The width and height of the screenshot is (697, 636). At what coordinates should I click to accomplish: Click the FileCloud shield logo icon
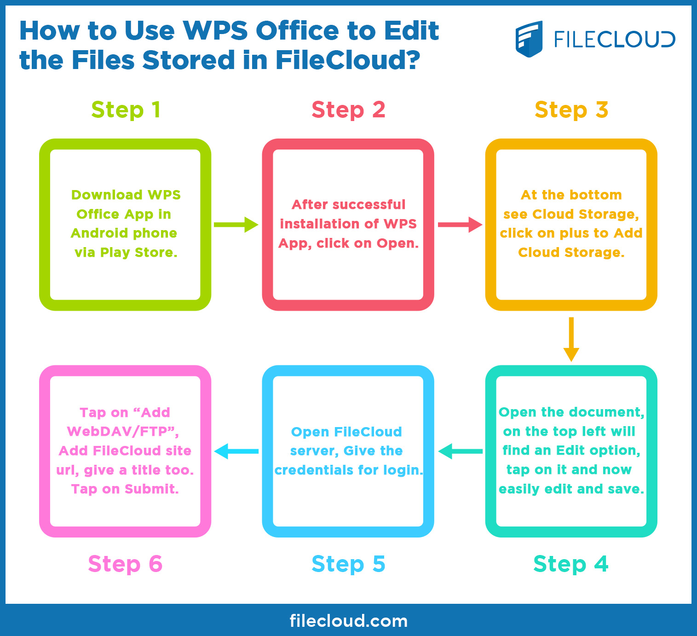(529, 39)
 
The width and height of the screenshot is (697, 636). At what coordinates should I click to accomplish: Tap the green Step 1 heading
(126, 110)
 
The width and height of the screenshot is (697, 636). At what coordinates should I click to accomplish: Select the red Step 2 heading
(348, 110)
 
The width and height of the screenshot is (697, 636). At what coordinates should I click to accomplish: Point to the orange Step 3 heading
(571, 110)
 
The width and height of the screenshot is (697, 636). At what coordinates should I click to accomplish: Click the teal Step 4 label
(570, 564)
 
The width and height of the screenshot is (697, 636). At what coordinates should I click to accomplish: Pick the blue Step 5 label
(348, 564)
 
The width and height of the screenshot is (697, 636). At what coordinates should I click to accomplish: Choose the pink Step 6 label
(125, 564)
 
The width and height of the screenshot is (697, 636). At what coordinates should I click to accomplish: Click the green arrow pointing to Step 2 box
(236, 225)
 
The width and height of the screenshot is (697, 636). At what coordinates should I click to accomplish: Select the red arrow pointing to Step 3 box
(460, 225)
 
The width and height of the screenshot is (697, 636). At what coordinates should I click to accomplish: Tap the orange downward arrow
(571, 339)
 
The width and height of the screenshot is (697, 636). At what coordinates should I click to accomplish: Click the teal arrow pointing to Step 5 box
(460, 451)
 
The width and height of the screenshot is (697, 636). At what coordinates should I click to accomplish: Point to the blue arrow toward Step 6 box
(236, 451)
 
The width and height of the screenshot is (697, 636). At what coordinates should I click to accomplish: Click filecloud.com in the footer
(348, 621)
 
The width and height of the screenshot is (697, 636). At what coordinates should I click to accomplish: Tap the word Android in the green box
(98, 233)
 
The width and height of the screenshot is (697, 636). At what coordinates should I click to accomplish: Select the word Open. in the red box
(397, 243)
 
